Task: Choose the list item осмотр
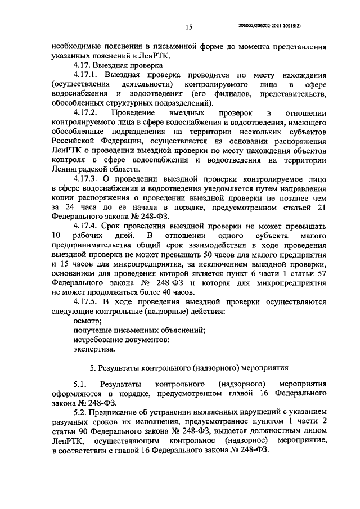[85, 321]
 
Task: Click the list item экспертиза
[93, 349]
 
